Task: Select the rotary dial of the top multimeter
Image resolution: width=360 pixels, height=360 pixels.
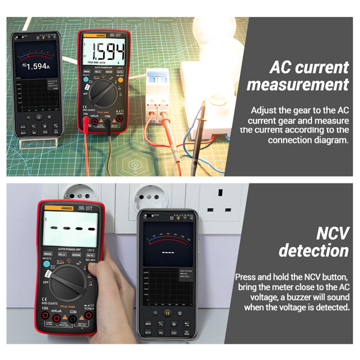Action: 103,94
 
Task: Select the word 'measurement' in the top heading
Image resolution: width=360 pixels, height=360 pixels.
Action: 298,85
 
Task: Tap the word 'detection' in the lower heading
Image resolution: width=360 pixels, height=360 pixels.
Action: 314,251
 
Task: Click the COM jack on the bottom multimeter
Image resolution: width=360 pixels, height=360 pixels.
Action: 73,318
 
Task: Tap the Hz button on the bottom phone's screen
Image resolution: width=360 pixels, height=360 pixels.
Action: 161,332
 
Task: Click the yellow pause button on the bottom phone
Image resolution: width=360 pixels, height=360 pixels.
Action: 167,313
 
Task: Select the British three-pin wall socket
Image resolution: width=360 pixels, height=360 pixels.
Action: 220,209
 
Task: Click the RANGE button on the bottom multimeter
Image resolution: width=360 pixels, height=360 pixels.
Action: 48,254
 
